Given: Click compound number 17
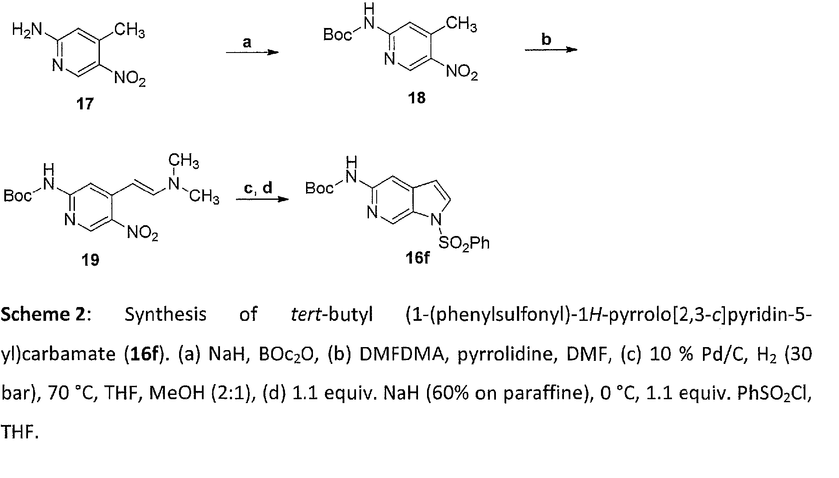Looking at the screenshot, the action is (x=85, y=104).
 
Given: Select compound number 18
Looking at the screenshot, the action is (x=417, y=98).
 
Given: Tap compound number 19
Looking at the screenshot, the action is (x=90, y=260).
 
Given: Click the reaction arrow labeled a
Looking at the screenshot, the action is (x=252, y=53).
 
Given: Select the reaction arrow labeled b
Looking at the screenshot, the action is (x=551, y=50).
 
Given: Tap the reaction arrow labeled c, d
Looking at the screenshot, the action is (x=262, y=199).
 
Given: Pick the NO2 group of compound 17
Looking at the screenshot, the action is (x=130, y=79).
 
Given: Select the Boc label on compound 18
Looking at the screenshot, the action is (x=337, y=34).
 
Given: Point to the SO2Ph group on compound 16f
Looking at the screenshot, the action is (x=464, y=244).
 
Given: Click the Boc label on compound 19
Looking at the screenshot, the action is (x=18, y=196).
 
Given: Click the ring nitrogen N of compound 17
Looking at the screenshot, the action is (x=58, y=66).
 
